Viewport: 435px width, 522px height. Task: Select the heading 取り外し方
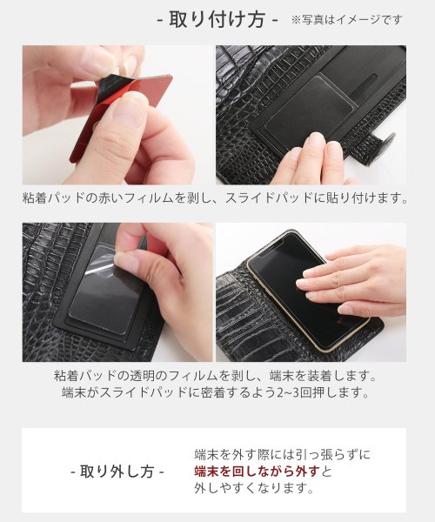tap(117, 472)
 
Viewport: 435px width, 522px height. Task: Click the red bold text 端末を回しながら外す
tap(257, 472)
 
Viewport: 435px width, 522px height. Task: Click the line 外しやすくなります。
tap(253, 489)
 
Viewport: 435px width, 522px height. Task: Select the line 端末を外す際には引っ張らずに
tap(281, 454)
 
